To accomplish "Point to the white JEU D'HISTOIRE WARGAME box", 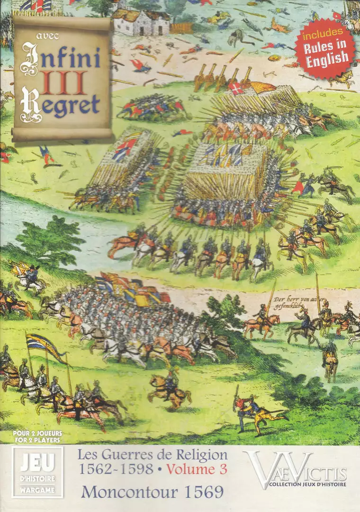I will (37, 471).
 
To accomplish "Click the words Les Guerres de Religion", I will (152, 455).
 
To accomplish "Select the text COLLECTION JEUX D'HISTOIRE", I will (307, 484).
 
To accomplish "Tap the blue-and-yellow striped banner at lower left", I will (45, 345).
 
